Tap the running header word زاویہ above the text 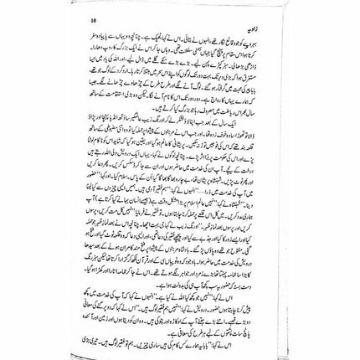tap(269, 16)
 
